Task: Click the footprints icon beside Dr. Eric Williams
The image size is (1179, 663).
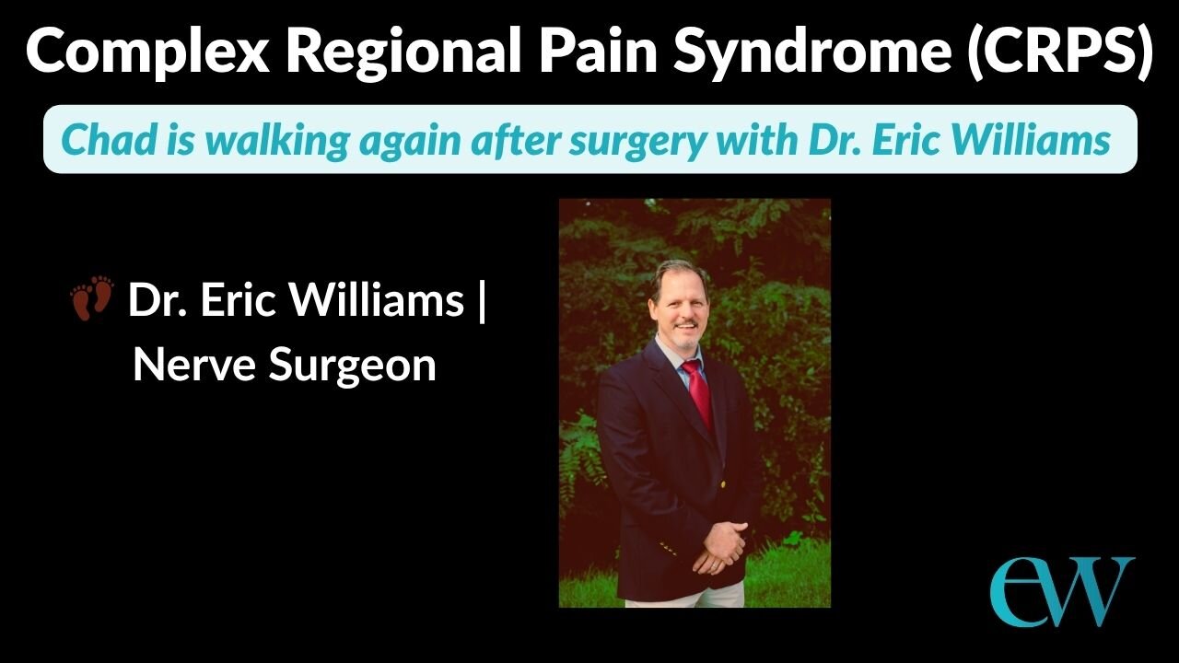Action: pyautogui.click(x=92, y=298)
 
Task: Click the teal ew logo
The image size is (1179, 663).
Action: pyautogui.click(x=1061, y=590)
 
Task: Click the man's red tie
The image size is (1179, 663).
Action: pyautogui.click(x=697, y=391)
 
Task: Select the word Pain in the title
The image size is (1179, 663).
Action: pyautogui.click(x=602, y=52)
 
